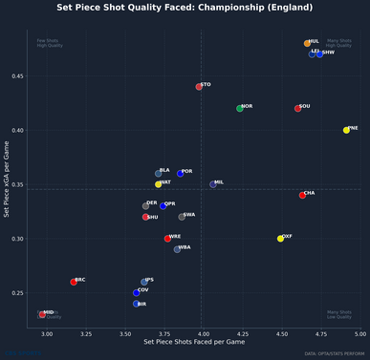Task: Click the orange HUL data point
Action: pos(307,43)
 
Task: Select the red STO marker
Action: pos(199,87)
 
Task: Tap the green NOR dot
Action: pos(240,108)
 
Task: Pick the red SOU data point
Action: pos(298,108)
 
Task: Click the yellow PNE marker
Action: pos(346,130)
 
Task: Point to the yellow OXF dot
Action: pos(280,239)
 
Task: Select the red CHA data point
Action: pos(302,195)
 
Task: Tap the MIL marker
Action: pos(213,184)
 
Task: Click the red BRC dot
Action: pos(74,282)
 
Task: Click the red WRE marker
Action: pos(167,239)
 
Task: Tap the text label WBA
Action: pos(185,247)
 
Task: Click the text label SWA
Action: pos(189,215)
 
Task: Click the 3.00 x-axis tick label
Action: pos(48,334)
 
